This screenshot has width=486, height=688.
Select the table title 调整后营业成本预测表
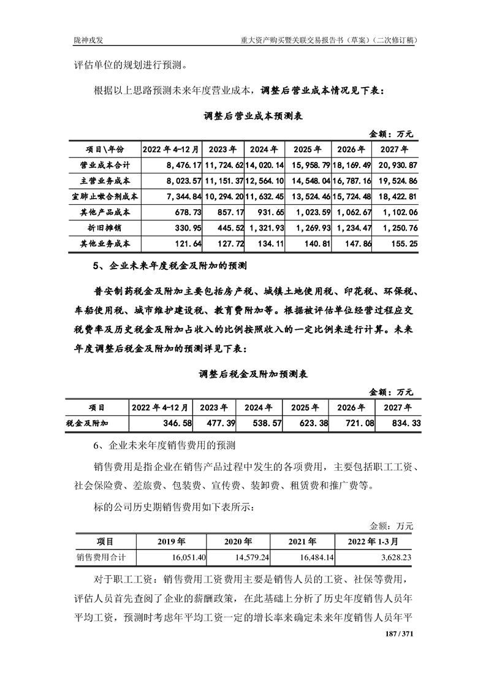[243, 115]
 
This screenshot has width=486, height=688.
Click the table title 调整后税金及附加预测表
[243, 373]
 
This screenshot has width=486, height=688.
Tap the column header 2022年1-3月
[376, 541]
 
